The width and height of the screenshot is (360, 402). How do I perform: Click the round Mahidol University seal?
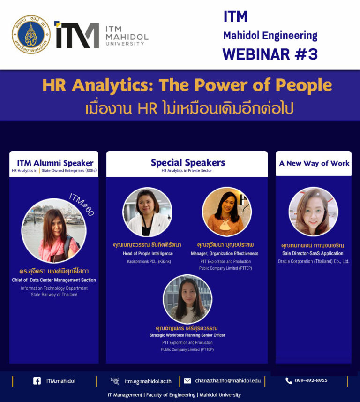pos(31,34)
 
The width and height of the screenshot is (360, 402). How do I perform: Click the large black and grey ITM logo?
pos(76,35)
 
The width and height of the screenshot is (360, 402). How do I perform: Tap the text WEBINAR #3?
pos(270,54)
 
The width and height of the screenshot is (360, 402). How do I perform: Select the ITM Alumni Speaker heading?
pos(55,163)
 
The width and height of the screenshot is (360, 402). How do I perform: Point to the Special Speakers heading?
pos(188,163)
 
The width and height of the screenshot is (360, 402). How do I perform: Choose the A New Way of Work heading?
pos(314,163)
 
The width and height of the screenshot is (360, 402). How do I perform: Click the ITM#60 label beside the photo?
pos(82,205)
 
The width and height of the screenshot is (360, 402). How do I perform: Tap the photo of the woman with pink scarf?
pos(54,230)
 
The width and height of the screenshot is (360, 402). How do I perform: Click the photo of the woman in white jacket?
pos(147,212)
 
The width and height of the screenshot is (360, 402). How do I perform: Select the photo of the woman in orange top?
pos(227,212)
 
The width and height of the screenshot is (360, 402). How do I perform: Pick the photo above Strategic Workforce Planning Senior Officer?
pos(187,299)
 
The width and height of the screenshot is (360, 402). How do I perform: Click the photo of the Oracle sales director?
pos(314,212)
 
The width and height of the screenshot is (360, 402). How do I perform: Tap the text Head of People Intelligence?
pos(148,254)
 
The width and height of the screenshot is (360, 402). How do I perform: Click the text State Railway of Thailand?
pos(54,295)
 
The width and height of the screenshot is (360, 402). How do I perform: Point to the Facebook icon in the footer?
pos(37,381)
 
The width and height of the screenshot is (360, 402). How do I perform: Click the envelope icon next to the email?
pos(187,381)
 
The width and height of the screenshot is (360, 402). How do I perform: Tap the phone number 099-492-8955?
pos(311,380)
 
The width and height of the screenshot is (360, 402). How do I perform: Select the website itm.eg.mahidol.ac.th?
pos(148,381)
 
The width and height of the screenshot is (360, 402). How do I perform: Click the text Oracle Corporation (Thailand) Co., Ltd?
pos(314,261)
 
